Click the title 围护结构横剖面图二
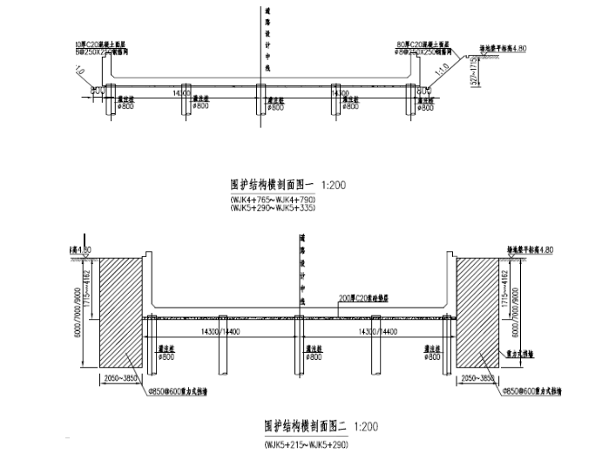pyautogui.click(x=305, y=428)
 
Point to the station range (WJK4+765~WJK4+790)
pyautogui.click(x=273, y=201)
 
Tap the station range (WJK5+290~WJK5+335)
pyautogui.click(x=273, y=210)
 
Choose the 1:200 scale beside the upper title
pyautogui.click(x=335, y=185)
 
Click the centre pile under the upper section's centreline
pyautogui.click(x=260, y=100)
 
